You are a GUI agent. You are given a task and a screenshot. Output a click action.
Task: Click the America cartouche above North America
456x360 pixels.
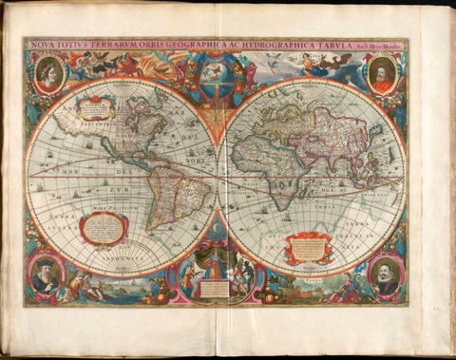click(97, 110)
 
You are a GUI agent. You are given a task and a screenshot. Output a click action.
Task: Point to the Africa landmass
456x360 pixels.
click(275, 171)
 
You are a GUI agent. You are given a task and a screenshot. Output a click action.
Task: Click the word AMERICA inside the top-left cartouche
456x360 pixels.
click(97, 107)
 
